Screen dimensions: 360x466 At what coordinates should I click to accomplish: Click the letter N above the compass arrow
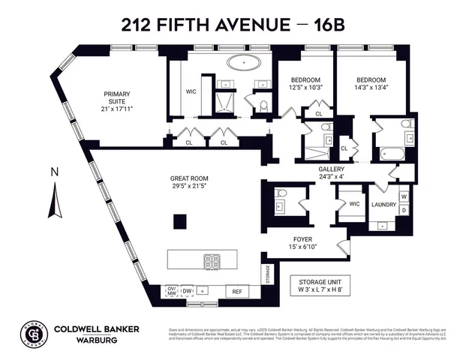pyautogui.click(x=54, y=172)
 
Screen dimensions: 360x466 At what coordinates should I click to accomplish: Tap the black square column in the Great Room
pyautogui.click(x=180, y=221)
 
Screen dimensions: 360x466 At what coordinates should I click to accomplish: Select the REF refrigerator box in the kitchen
pyautogui.click(x=236, y=292)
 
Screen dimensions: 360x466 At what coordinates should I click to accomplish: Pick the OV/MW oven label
pyautogui.click(x=171, y=291)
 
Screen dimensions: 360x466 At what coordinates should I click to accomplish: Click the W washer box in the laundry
pyautogui.click(x=404, y=197)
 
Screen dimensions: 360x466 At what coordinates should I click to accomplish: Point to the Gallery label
pyautogui.click(x=331, y=169)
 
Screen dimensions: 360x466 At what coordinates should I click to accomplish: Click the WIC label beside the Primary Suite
pyautogui.click(x=191, y=93)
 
